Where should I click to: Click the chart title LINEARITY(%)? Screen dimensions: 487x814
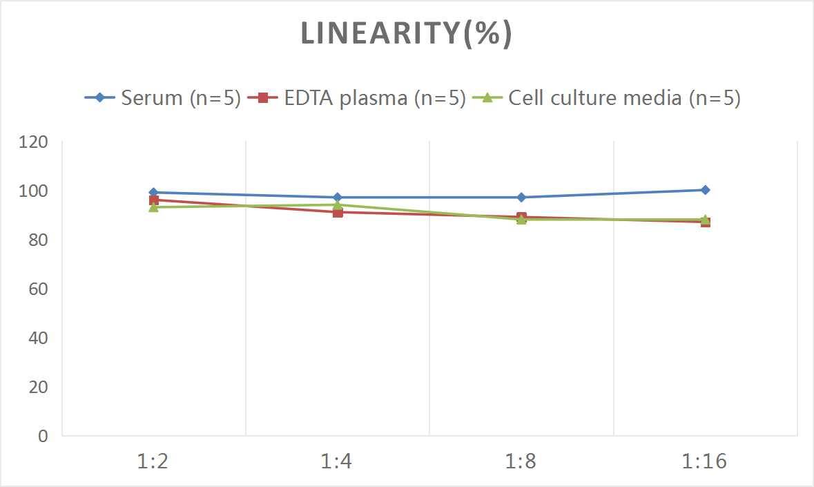coord(406,34)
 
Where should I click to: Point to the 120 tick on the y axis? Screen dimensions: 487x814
coord(34,142)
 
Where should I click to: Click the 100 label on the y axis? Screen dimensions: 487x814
coord(34,191)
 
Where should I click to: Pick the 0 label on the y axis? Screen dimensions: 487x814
coord(43,436)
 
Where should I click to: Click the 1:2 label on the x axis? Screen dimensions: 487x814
coord(153,461)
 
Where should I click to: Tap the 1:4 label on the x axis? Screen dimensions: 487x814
coord(337,461)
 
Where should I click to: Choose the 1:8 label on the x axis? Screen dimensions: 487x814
coord(521,461)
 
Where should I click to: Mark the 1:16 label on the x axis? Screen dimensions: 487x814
coord(704,461)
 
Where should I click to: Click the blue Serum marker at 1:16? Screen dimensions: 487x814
coord(705,190)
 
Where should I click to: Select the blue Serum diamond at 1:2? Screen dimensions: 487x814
coord(153,193)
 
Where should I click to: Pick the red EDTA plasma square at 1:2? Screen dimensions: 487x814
coord(153,200)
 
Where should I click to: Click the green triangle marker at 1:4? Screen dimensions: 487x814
coord(337,204)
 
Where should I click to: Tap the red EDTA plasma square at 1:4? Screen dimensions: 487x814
coord(337,212)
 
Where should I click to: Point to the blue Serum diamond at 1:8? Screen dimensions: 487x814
coord(521,198)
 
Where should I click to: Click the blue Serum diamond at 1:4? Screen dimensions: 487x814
coord(337,198)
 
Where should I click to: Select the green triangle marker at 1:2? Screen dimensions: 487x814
coord(153,207)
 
